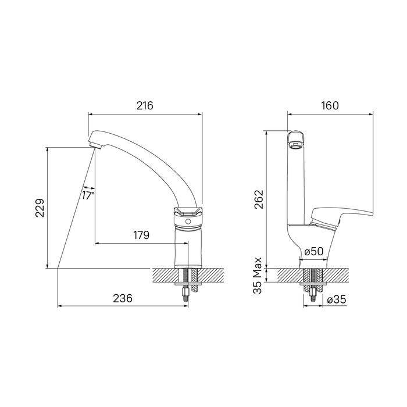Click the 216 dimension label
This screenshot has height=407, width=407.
tap(145, 106)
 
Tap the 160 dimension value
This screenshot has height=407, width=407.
tap(330, 106)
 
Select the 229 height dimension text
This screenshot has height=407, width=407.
tap(40, 208)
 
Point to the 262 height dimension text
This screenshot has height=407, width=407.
tap(259, 199)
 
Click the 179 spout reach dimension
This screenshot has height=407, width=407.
tap(141, 235)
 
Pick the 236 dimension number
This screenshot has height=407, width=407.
tap(123, 298)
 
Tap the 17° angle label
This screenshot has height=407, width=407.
tap(88, 195)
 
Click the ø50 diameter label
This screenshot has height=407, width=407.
tap(314, 251)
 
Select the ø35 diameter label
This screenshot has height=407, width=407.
tap(337, 300)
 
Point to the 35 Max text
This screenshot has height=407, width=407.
tap(258, 276)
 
